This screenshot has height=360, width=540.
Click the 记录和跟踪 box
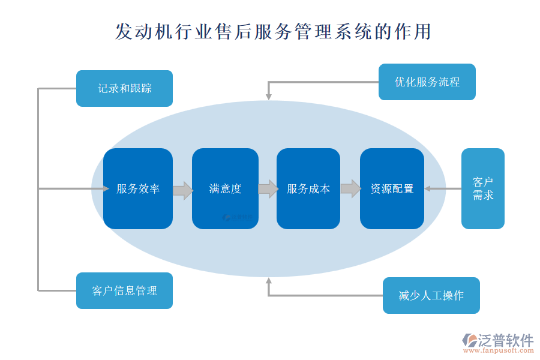point(124,89)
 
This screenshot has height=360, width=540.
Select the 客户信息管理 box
point(124,291)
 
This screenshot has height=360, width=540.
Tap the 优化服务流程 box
point(427,82)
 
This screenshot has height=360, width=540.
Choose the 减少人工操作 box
point(431,295)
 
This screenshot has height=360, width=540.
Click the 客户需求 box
point(482,188)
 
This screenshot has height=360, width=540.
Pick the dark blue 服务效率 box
point(138,188)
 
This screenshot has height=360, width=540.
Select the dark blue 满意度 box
point(225,188)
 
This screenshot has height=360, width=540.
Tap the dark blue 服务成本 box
point(308,188)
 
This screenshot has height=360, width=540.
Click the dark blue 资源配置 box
point(392,188)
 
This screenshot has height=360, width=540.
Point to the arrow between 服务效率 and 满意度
point(182,191)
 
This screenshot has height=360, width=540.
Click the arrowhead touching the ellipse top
point(269,95)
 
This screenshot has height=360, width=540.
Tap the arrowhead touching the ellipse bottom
point(269,281)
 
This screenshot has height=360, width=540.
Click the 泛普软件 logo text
point(505,340)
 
